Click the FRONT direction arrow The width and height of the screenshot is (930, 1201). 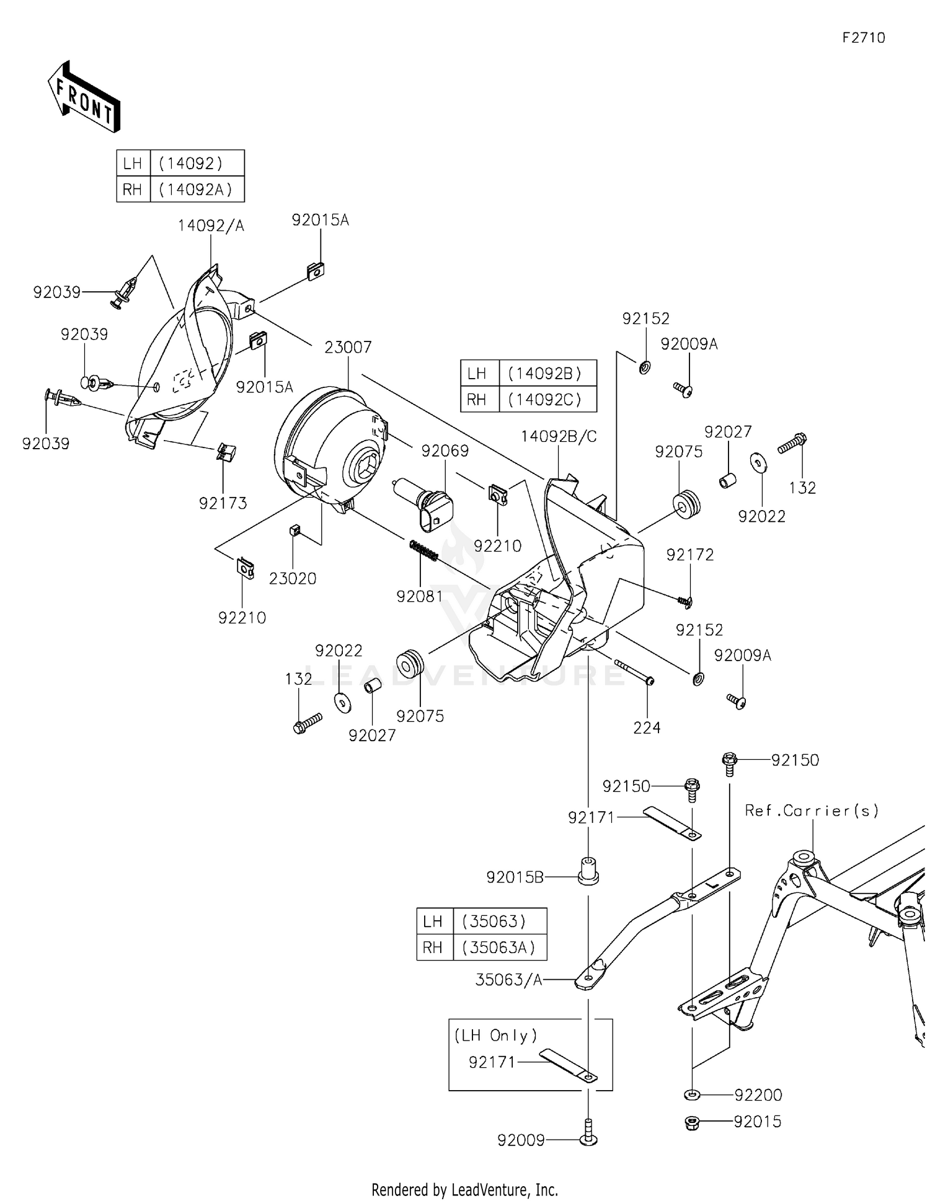84,97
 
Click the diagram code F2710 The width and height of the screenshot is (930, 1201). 864,38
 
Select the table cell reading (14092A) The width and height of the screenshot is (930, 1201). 197,189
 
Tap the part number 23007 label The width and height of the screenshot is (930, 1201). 348,347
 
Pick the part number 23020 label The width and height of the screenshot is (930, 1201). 293,579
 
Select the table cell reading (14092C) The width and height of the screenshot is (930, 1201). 547,399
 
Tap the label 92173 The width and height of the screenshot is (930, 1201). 223,503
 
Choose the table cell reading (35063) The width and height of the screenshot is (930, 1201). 500,922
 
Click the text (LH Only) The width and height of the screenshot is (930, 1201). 496,1036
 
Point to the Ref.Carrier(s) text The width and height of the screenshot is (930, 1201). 812,811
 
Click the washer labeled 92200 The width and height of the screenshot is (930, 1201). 692,1095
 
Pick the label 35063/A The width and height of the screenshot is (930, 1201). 509,980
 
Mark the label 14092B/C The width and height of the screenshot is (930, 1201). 559,437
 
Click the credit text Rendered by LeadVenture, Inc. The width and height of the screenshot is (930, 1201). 464,1190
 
